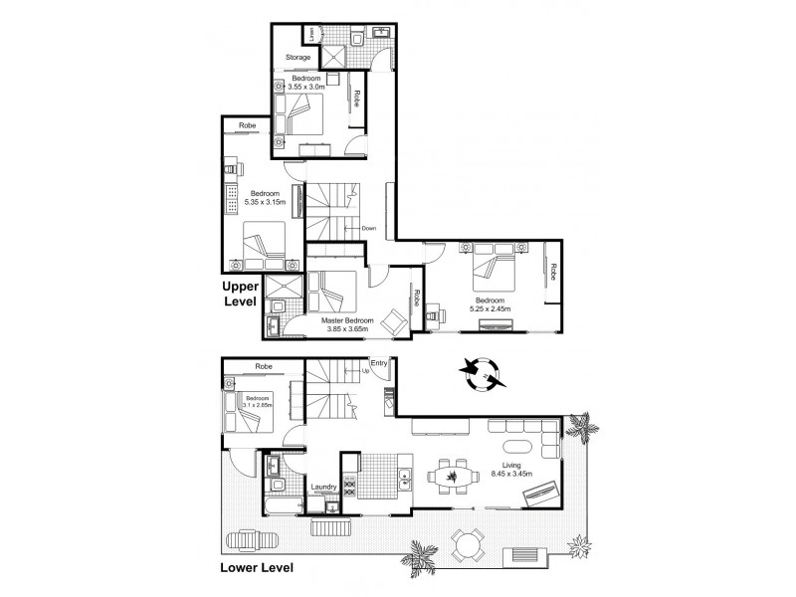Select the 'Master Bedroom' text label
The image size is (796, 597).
click(x=346, y=320)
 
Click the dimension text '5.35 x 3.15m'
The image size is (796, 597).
click(x=265, y=202)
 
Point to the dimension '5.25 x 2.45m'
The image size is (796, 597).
click(x=493, y=309)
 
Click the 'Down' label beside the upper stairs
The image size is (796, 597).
click(x=368, y=229)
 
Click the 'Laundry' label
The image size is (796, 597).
click(x=323, y=487)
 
